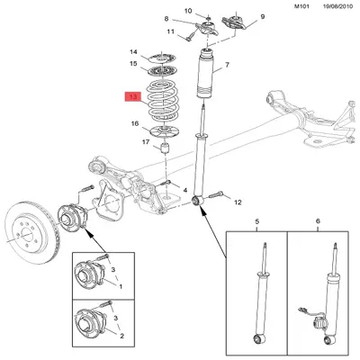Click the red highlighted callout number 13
[133, 97]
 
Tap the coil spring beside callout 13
[162, 101]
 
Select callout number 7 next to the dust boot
[227, 65]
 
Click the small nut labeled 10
[208, 18]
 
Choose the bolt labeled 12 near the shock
[216, 194]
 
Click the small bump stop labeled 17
[165, 148]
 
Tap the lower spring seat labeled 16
[164, 132]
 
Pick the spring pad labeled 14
[162, 57]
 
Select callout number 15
[133, 64]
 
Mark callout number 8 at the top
[166, 19]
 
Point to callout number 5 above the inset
[256, 221]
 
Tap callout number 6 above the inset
[318, 221]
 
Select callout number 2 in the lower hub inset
[121, 337]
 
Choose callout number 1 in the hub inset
[121, 286]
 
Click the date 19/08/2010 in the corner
[338, 6]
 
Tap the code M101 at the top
[301, 6]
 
